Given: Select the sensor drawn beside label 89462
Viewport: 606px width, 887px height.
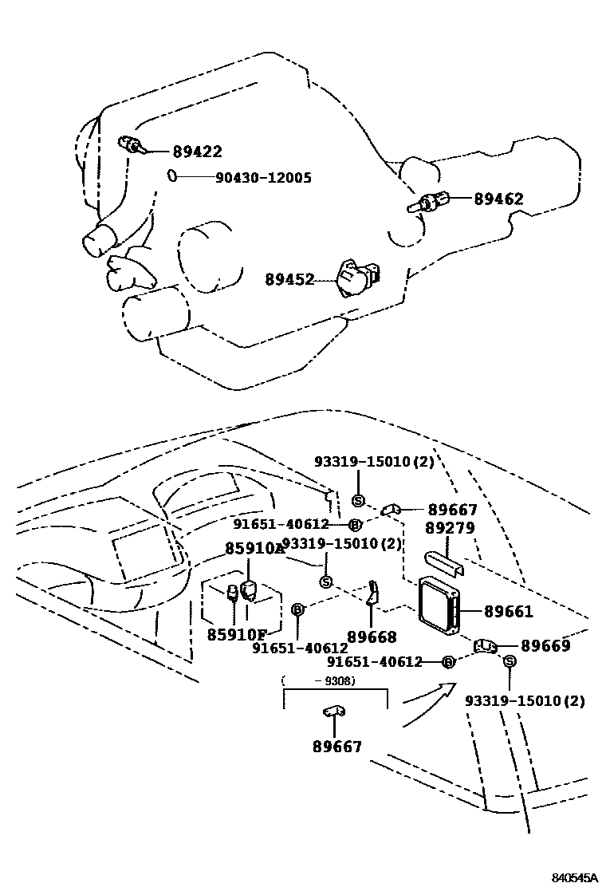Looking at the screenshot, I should pos(427,203).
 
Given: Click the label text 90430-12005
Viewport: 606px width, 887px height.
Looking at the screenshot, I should pos(263,178).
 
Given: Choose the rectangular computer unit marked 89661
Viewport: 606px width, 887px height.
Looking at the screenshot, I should pos(439,610).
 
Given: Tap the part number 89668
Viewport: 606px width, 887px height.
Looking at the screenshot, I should pos(372,637).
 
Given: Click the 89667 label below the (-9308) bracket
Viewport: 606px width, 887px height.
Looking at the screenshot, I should pos(337,747).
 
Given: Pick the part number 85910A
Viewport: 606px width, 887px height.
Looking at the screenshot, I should pos(254,549).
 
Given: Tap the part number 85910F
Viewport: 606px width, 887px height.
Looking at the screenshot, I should pos(237,635).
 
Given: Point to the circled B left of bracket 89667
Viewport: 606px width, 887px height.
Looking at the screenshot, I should pos(355,524).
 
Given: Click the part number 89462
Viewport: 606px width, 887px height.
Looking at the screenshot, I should pos(498,199).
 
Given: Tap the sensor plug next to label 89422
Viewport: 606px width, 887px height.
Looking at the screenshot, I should pos(131,144).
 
